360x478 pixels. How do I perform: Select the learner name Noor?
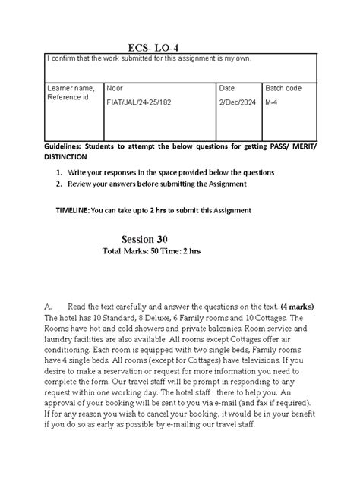pos(116,88)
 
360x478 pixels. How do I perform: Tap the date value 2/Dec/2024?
pos(238,102)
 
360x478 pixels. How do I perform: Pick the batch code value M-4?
pos(273,102)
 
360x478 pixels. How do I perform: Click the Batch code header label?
pos(283,88)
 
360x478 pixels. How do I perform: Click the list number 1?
pos(58,172)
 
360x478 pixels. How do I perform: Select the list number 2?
pos(58,184)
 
